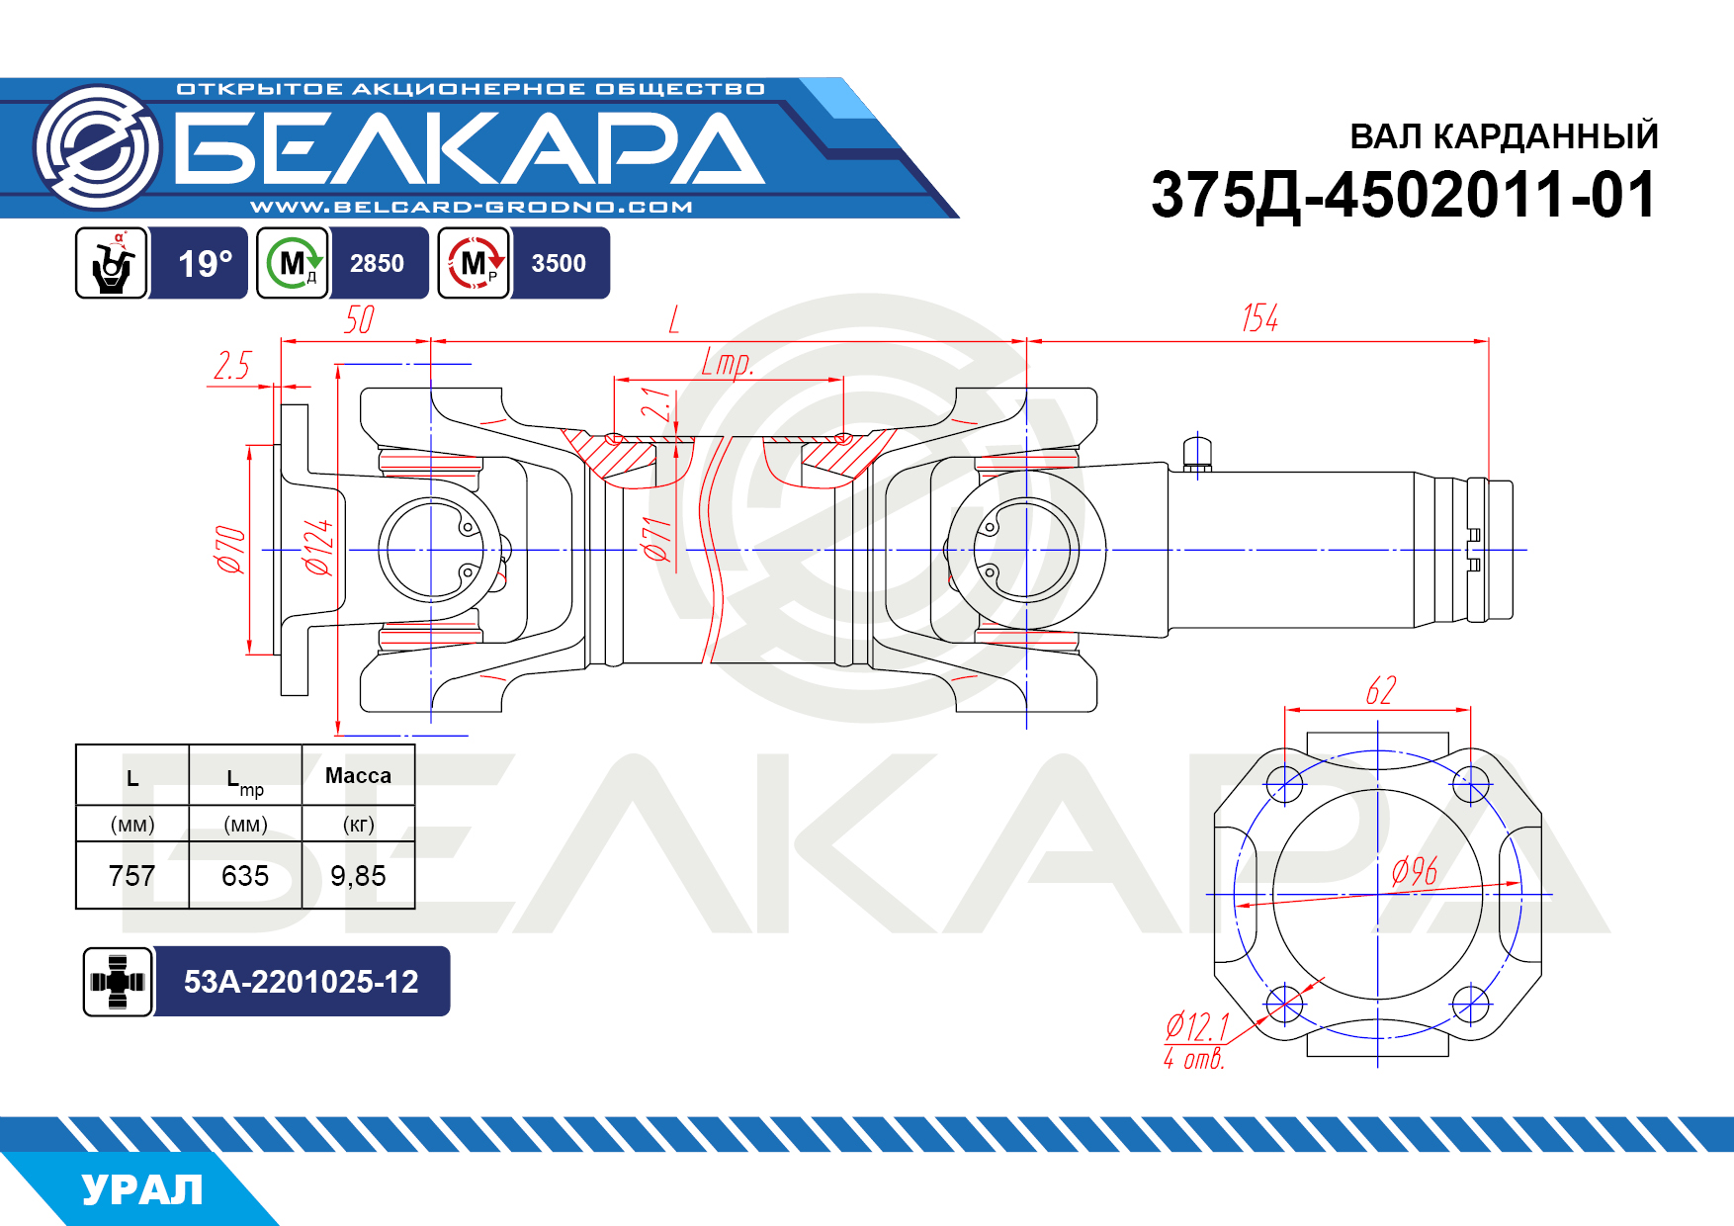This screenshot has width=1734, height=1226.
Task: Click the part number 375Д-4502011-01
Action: pyautogui.click(x=1404, y=195)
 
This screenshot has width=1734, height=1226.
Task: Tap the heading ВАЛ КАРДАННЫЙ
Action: pyautogui.click(x=1504, y=136)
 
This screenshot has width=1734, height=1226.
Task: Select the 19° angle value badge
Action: pyautogui.click(x=205, y=264)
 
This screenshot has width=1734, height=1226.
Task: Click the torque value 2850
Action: pyautogui.click(x=377, y=263)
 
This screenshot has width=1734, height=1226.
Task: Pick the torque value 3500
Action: pyautogui.click(x=559, y=263)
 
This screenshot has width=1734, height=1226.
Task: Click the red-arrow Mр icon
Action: pyautogui.click(x=474, y=263)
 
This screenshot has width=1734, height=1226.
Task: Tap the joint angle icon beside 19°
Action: pyautogui.click(x=112, y=263)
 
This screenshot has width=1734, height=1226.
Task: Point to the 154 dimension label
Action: pyautogui.click(x=1259, y=318)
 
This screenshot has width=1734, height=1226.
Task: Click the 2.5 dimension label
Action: pyautogui.click(x=232, y=366)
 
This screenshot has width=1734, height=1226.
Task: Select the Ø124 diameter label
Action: pyautogui.click(x=318, y=547)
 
